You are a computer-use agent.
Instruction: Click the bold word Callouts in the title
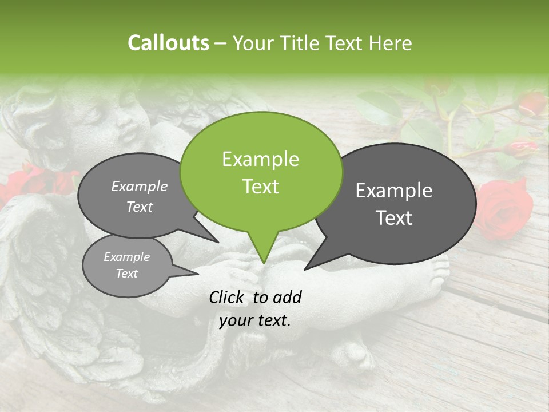168,43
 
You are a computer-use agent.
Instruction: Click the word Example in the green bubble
260,159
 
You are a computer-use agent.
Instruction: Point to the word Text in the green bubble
260,187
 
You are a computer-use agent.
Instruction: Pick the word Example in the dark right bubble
393,191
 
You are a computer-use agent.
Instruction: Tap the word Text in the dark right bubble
395,218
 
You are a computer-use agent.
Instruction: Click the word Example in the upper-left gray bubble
139,187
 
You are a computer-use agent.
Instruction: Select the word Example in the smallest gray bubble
126,257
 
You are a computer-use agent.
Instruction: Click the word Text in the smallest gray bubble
126,274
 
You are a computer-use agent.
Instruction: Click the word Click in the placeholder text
228,297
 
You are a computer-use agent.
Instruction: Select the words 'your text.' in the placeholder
255,320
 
